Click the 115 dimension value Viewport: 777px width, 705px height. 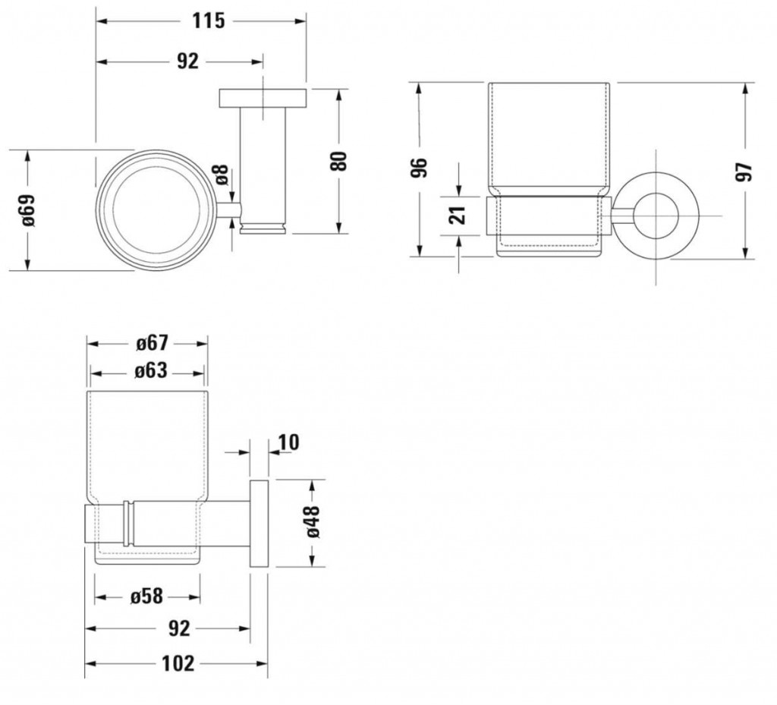click(x=208, y=20)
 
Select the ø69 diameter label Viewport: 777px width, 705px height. click(x=28, y=210)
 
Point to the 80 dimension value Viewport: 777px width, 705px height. click(x=339, y=161)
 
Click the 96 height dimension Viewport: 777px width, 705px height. click(x=419, y=168)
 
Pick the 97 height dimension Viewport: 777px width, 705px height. click(x=744, y=172)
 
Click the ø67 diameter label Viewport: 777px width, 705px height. click(x=152, y=343)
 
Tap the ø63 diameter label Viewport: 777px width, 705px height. click(x=151, y=371)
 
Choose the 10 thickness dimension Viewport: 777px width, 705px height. click(x=288, y=442)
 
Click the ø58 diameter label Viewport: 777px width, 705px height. click(x=146, y=596)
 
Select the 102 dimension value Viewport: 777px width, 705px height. click(x=178, y=663)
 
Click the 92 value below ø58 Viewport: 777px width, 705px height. click(x=179, y=628)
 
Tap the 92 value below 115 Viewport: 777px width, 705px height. click(x=187, y=61)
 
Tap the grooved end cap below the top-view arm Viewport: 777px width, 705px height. click(x=263, y=229)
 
